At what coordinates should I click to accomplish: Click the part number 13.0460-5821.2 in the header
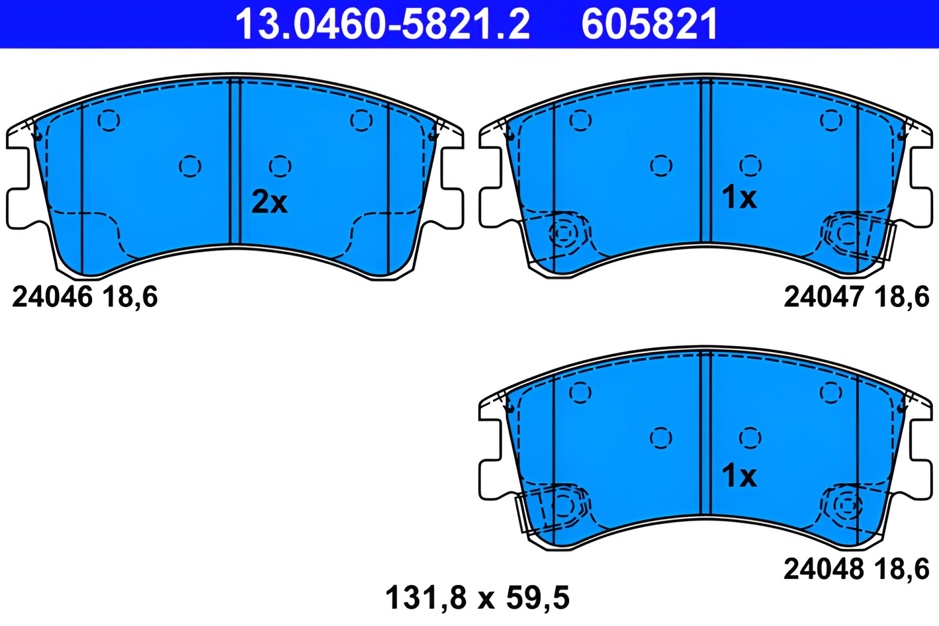click(x=382, y=24)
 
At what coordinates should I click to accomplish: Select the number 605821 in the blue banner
click(x=649, y=24)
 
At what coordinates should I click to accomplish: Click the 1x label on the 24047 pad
click(x=739, y=197)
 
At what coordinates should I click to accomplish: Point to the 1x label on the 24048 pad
click(x=739, y=475)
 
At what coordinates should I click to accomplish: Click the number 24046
click(x=52, y=297)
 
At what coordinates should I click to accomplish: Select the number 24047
click(x=824, y=297)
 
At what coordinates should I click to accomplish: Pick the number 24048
click(x=824, y=569)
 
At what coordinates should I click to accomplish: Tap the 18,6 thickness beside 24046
click(x=131, y=297)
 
